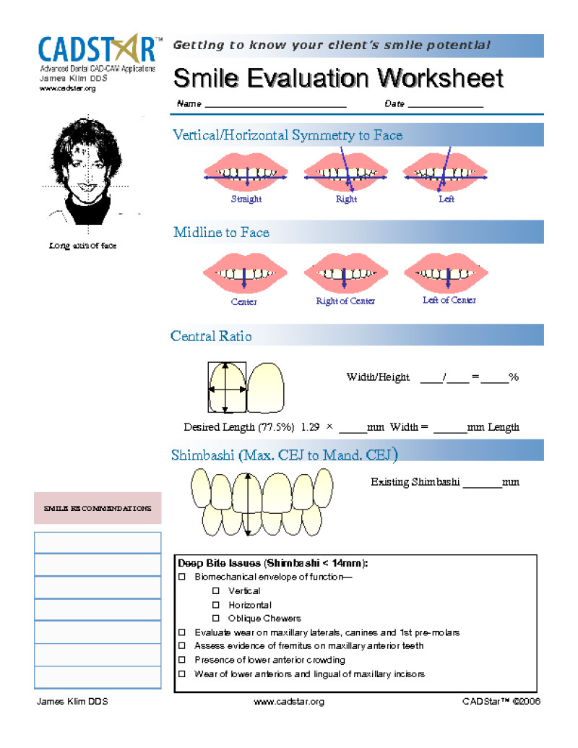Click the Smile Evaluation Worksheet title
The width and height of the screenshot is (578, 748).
tap(338, 78)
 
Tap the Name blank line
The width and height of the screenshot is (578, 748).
tap(275, 106)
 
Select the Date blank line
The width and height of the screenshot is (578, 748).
tap(445, 106)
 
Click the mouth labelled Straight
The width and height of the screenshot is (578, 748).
tap(246, 173)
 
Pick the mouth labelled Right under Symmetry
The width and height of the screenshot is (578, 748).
tap(346, 173)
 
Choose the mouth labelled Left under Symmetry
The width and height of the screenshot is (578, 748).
tap(446, 173)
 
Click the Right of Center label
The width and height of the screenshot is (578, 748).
tap(345, 301)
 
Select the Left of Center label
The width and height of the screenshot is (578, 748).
tap(449, 300)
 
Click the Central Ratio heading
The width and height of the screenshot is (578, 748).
tap(211, 336)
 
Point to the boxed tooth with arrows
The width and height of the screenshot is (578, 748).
tap(227, 387)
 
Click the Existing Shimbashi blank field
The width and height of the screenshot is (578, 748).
tap(482, 483)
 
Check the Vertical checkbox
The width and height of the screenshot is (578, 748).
tap(215, 591)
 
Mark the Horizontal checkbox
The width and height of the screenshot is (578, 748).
tap(215, 605)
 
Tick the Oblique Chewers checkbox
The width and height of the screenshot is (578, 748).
tap(215, 619)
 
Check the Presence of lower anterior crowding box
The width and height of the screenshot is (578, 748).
tap(182, 660)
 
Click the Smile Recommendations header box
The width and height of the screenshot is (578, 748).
tap(98, 508)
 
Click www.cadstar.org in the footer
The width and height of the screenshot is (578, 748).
tap(289, 702)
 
